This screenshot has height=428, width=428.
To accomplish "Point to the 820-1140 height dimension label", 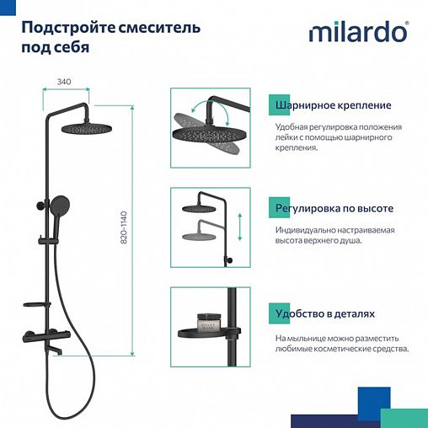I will pos(125,227).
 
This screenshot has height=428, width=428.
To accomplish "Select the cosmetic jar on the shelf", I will pos(207,322).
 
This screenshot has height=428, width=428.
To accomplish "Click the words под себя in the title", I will pos(55,48).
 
